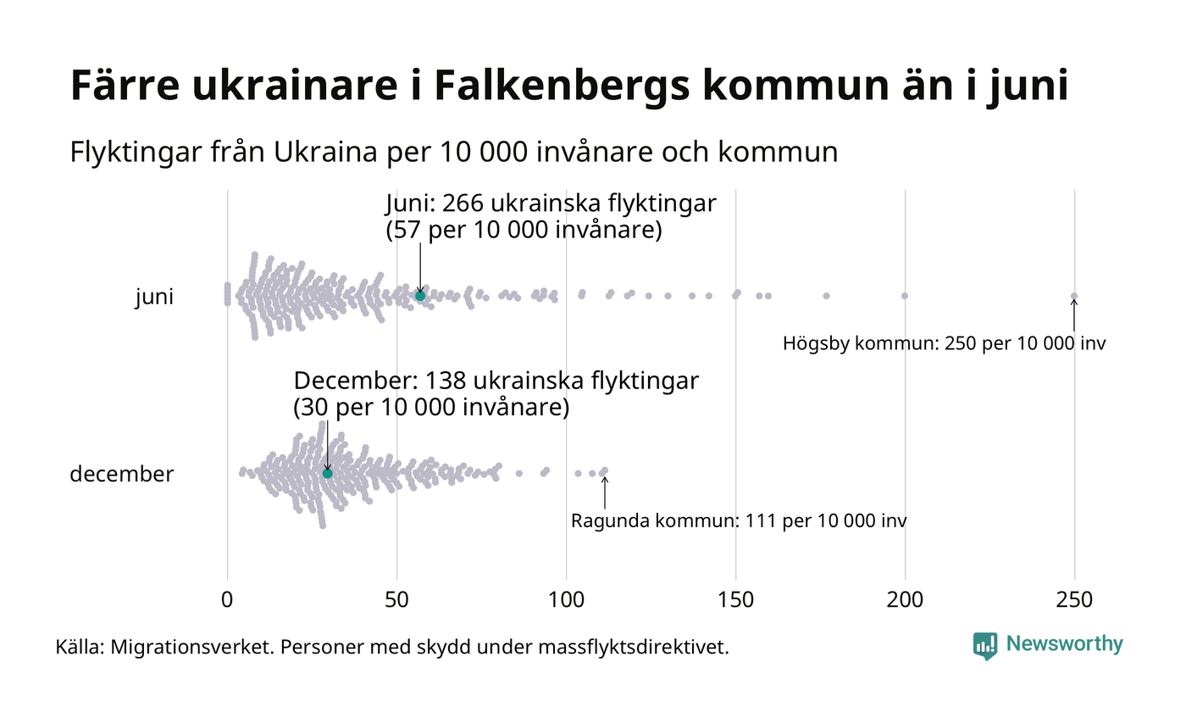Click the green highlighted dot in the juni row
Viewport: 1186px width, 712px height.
pos(420,296)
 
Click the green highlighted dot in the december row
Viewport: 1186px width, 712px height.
pos(328,473)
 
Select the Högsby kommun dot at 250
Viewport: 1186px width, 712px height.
pos(1074,296)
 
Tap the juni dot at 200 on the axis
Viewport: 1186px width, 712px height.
pos(905,296)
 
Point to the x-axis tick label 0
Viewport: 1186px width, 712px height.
pos(227,599)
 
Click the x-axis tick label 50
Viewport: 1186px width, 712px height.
pos(396,599)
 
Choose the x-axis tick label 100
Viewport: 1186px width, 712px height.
pos(566,599)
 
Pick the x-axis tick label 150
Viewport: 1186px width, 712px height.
pos(735,599)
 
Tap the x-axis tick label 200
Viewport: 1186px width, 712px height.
pos(905,599)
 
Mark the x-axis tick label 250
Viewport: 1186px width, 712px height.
pos(1074,599)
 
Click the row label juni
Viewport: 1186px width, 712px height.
pos(154,298)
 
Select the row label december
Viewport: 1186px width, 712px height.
pos(121,474)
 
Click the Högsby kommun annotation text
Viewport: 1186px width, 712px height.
pos(944,344)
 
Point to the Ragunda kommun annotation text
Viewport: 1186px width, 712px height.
pos(738,520)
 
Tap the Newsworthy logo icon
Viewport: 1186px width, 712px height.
pos(984,646)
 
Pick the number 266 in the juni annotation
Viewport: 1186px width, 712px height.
pos(463,204)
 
